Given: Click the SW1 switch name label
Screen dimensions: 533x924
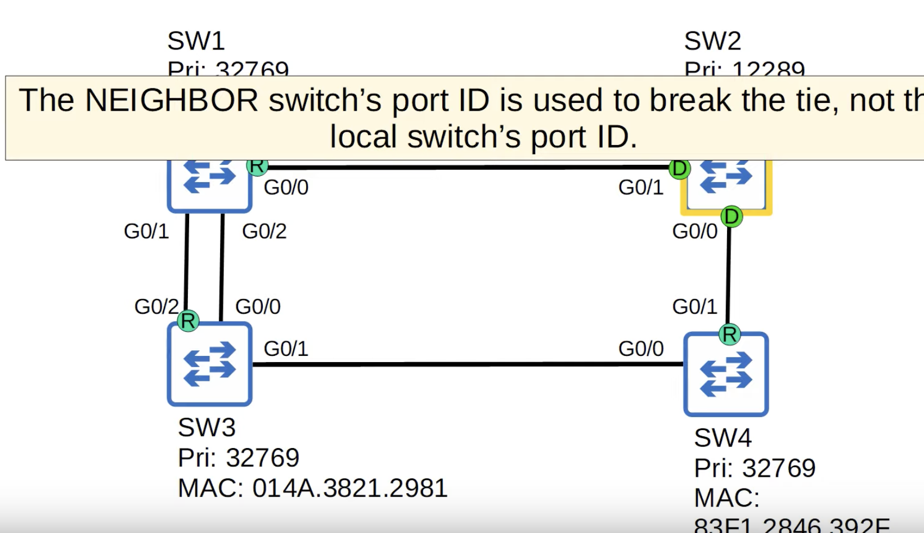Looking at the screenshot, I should [196, 41].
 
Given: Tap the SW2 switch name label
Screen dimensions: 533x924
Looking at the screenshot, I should [712, 41].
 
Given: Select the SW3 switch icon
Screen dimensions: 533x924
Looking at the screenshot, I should [209, 364].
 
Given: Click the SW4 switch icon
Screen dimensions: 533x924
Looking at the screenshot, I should [726, 374].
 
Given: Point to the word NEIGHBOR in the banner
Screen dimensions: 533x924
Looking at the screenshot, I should [172, 101].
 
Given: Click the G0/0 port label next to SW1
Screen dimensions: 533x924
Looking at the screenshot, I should [286, 187].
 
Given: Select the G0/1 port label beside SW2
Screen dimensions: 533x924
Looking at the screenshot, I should [641, 187].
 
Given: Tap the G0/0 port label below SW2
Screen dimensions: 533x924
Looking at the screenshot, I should [695, 231].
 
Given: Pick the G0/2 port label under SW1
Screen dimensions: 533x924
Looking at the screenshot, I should [264, 231].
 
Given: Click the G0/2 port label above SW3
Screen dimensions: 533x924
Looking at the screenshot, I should [156, 306].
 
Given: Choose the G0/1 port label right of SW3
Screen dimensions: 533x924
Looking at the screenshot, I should [286, 349].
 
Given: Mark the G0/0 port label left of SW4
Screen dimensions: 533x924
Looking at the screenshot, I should [641, 349].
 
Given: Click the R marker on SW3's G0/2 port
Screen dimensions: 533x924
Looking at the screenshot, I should [188, 321].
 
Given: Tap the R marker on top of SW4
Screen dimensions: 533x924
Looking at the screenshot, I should [730, 335].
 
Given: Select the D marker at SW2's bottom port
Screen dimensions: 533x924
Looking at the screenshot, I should [732, 216].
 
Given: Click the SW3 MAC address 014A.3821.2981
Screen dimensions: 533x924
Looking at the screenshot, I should [349, 488].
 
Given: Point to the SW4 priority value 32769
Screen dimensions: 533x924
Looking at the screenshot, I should [779, 468].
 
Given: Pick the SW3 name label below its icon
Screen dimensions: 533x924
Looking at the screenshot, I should [207, 427].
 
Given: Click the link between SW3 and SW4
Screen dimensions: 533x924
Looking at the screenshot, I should [467, 364].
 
